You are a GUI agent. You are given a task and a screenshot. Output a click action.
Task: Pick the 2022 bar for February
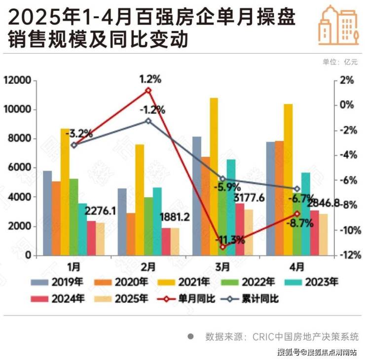point(148,226)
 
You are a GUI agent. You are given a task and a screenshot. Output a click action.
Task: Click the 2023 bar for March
point(231,207)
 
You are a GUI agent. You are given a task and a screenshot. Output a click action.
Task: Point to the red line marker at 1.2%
point(148,91)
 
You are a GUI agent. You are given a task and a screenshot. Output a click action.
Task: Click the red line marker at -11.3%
point(222,247)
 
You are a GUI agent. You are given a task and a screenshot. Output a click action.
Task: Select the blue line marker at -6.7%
point(297,189)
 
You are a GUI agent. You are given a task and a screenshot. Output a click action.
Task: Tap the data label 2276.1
point(100,211)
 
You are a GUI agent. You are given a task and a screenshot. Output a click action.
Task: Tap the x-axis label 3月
point(222,267)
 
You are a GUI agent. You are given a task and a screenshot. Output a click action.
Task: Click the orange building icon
point(338,25)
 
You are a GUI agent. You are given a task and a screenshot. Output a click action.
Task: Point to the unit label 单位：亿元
point(340,62)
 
